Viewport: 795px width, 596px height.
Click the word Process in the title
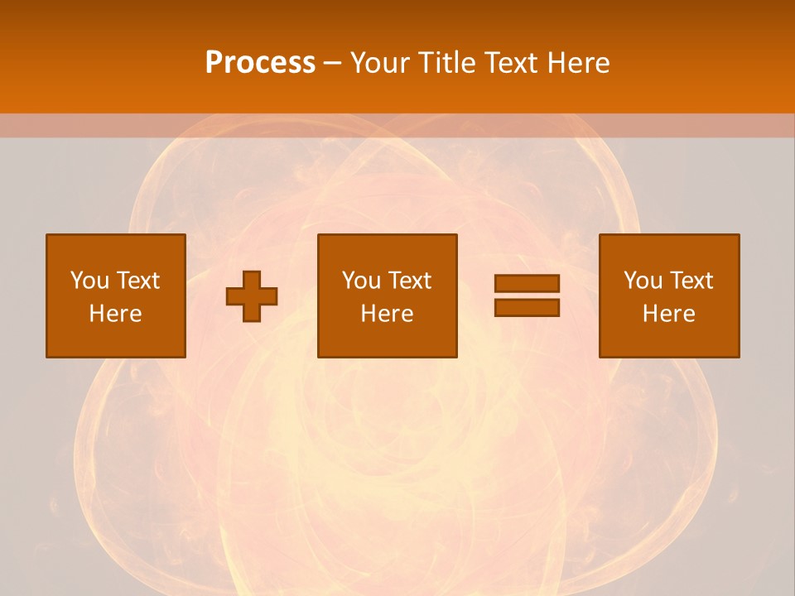tap(260, 63)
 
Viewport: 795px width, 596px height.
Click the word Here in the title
tap(581, 63)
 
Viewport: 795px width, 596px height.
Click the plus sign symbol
tap(252, 296)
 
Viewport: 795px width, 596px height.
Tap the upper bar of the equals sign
tap(527, 283)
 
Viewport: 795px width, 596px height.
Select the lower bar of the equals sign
tap(527, 307)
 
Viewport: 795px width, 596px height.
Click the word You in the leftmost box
tap(89, 281)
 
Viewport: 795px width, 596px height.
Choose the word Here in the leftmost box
tap(115, 314)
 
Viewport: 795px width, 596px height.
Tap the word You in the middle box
tap(361, 281)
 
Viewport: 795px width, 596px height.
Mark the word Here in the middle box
tap(387, 314)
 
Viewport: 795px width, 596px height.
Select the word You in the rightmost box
tap(643, 281)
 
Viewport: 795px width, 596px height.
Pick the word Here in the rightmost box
tap(668, 314)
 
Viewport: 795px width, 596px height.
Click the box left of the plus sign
tap(115, 339)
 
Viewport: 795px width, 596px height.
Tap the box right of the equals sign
tap(668, 339)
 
